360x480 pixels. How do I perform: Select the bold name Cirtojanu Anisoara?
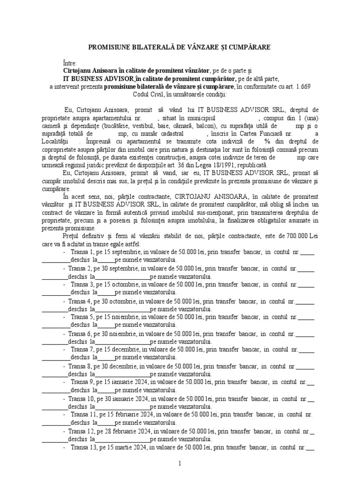90,71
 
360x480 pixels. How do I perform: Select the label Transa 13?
85,447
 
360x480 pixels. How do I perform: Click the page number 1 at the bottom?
180,464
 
